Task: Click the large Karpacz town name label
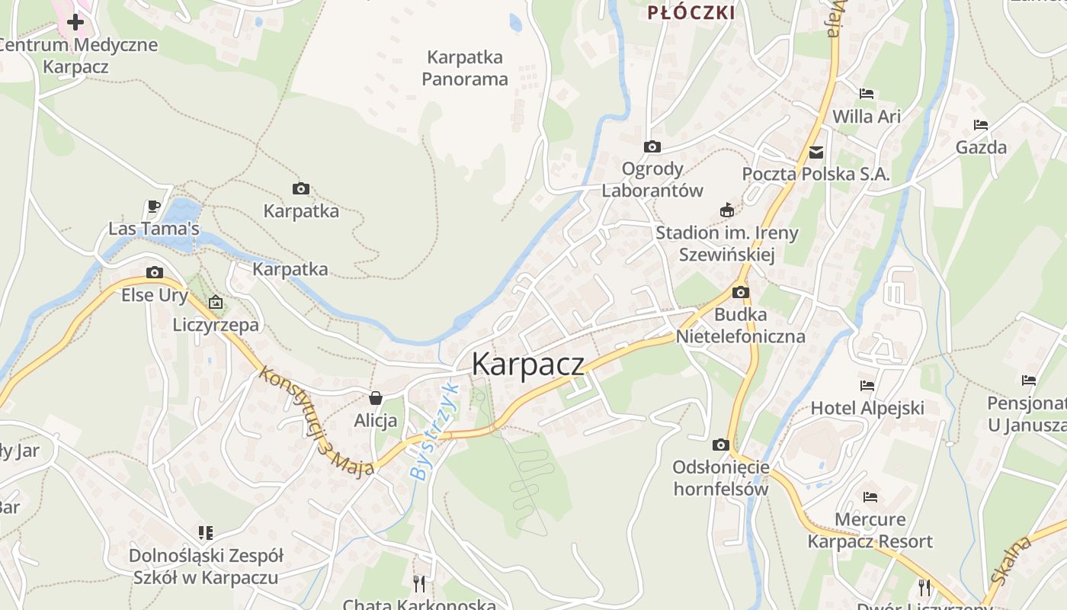click(528, 364)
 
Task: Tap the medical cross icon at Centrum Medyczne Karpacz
click(75, 22)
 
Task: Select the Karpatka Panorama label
click(465, 68)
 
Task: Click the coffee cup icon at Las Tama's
click(153, 206)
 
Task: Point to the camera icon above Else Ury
click(155, 272)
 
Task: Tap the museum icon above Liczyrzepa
click(216, 302)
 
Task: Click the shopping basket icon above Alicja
click(375, 397)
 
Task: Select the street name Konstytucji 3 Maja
click(316, 421)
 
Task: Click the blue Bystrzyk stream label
click(431, 431)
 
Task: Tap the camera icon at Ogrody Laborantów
click(652, 146)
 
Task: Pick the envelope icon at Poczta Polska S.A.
click(816, 152)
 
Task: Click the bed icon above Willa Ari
click(867, 94)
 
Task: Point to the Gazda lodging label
click(981, 147)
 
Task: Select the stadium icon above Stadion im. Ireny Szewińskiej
click(727, 210)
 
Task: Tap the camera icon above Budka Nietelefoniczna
click(740, 292)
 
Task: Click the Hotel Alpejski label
click(867, 408)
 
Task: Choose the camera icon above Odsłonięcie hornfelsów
click(720, 445)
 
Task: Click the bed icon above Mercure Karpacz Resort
click(870, 497)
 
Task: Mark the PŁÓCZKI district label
click(691, 12)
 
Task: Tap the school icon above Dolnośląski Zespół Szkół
click(206, 532)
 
